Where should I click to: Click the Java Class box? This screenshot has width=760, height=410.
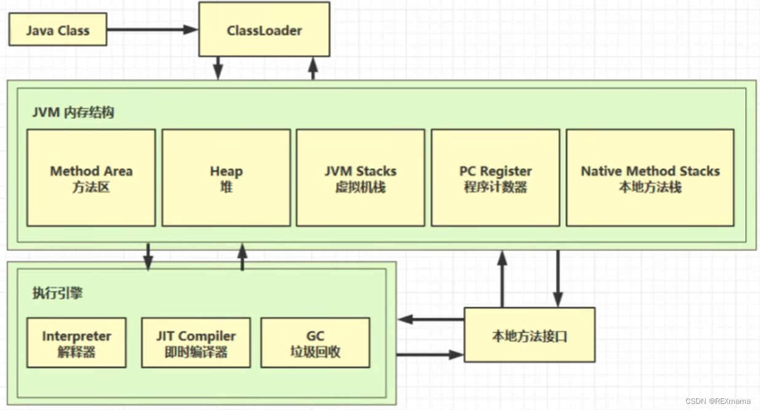pos(57,30)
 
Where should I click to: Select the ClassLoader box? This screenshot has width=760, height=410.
pos(264,30)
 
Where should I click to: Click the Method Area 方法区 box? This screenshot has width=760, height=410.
pos(91,178)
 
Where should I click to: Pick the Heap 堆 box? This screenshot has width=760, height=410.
pos(226,178)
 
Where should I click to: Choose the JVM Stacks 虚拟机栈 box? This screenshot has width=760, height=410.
pos(360,178)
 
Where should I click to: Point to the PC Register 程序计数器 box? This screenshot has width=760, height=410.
pos(495,178)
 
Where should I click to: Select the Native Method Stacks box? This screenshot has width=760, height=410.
pos(649,178)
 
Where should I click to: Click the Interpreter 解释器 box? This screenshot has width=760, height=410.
pos(76,343)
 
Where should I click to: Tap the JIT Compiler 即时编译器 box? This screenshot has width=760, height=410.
pos(196,343)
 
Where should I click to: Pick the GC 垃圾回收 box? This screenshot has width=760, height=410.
pos(315,343)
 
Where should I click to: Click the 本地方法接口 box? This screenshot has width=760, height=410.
pos(529,336)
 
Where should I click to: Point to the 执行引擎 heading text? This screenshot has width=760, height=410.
pos(57,293)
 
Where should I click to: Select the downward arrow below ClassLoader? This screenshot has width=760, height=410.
pos(218,68)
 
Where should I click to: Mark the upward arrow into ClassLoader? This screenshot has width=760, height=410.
pos(313,68)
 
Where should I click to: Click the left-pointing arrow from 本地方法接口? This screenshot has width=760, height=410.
pos(430,319)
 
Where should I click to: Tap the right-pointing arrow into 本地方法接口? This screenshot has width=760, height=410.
pos(430,355)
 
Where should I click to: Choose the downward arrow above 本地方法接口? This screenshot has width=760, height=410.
pos(558,278)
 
